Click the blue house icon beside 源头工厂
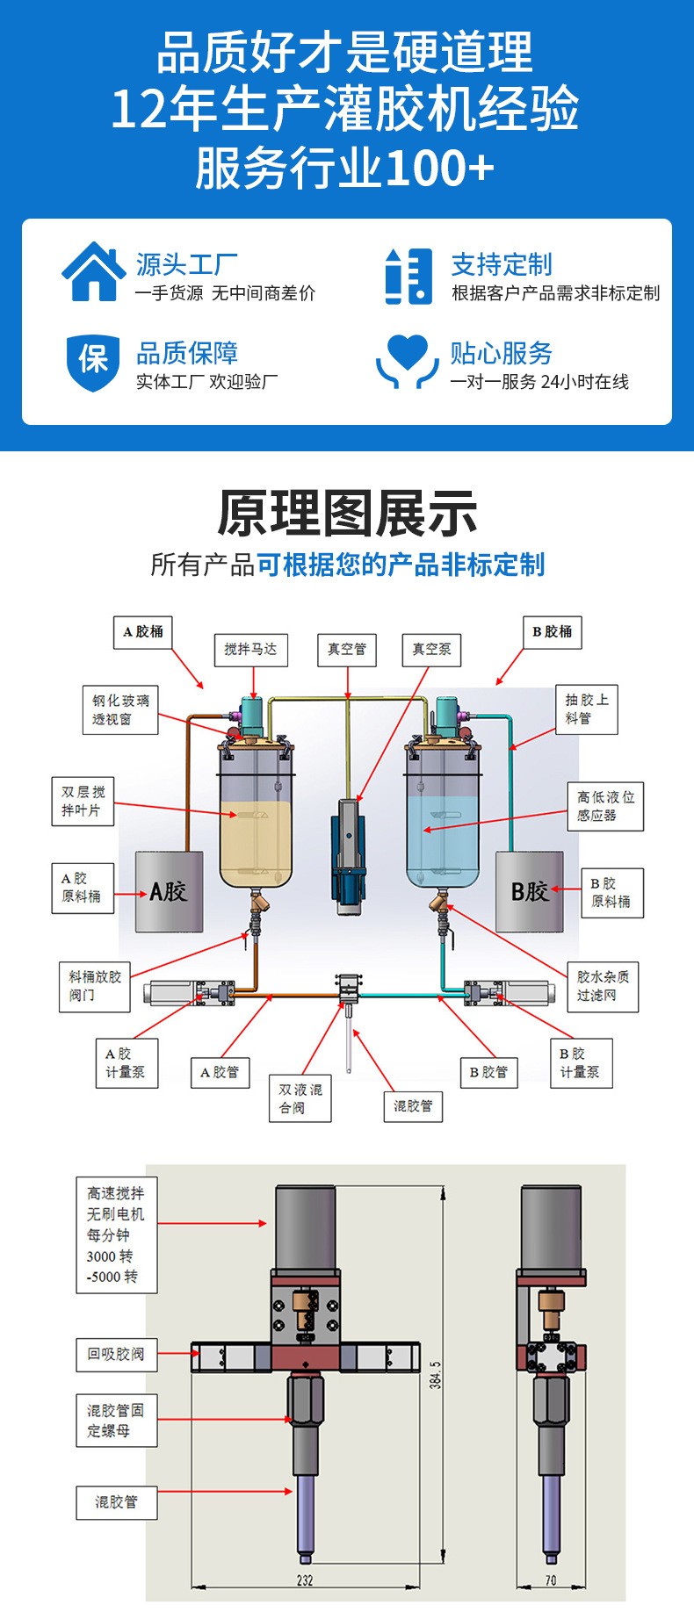coord(93,272)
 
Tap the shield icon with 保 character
coord(93,360)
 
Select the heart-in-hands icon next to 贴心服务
coord(407,360)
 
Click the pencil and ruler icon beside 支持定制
coord(408,276)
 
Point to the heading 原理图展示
coord(347,514)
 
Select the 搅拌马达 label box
coord(250,649)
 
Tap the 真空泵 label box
coord(431,649)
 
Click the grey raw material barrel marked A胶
coord(169,891)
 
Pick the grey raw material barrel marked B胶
coord(530,891)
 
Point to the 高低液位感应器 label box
coord(604,806)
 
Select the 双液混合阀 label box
coord(300,1098)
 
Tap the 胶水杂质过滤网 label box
coord(602,986)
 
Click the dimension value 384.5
coord(436,1374)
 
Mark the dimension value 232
coord(305,1580)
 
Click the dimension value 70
coord(551,1580)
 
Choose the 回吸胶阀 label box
coord(115,1354)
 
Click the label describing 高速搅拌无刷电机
coord(116,1234)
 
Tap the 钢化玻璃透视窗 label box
coord(120,709)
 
